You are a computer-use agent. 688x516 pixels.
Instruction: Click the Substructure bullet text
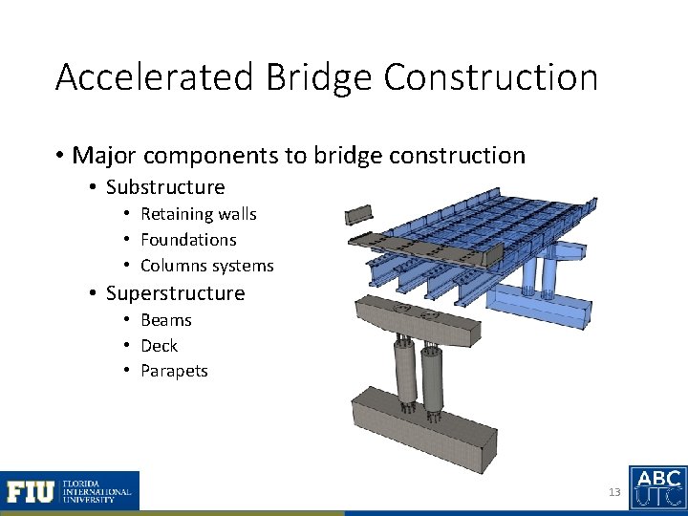point(165,186)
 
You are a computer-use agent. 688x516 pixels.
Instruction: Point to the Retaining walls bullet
point(198,214)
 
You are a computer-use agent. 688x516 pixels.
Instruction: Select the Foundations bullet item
point(188,240)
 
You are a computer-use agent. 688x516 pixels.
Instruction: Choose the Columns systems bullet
point(206,266)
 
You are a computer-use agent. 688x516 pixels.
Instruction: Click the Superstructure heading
point(175,293)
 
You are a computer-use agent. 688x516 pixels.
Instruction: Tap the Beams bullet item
point(166,320)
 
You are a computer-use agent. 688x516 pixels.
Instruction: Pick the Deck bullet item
point(159,346)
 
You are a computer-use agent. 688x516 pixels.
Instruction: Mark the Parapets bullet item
point(174,371)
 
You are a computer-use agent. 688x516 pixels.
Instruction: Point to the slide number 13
point(613,493)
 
